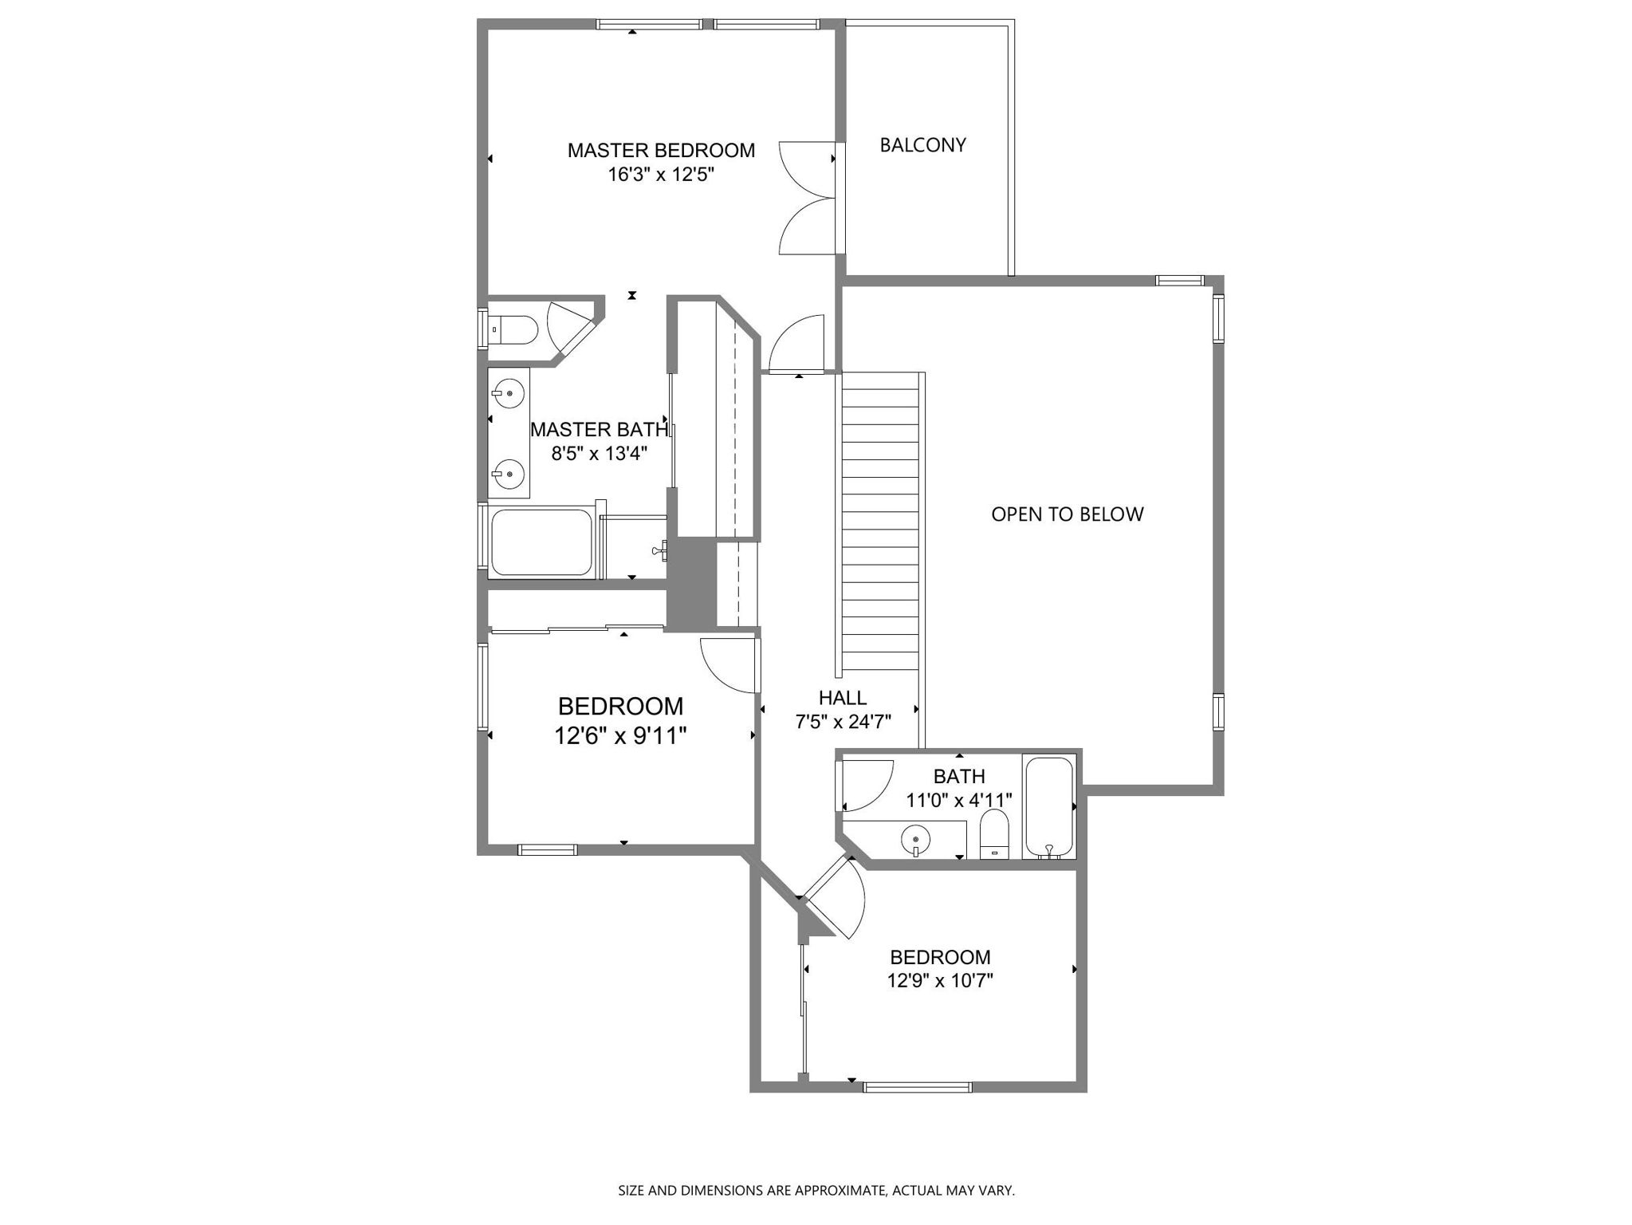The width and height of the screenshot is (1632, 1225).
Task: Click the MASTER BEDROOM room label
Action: pos(660,150)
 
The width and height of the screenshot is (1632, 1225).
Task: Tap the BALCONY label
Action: pos(922,145)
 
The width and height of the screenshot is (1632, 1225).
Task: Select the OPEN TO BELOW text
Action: pos(1067,514)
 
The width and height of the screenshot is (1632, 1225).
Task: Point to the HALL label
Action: pos(842,698)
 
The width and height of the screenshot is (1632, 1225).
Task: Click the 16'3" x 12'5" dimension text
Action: pos(660,175)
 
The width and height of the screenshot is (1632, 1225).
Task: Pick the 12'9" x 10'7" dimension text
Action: pos(940,980)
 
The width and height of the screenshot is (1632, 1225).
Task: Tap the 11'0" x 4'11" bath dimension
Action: pos(959,800)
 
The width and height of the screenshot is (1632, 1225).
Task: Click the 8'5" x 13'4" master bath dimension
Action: pos(599,454)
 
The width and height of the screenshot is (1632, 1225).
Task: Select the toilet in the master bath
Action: pos(514,329)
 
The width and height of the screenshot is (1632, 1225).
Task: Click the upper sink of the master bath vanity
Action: pos(508,392)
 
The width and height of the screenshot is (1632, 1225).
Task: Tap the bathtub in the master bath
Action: pos(541,542)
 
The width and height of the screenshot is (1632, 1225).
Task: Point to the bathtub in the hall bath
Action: pos(1049,807)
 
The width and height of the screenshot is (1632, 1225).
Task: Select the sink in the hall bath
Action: pos(916,840)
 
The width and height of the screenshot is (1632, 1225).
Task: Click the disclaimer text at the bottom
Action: pos(816,1191)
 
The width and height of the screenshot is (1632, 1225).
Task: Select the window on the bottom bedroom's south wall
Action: pos(917,1086)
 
